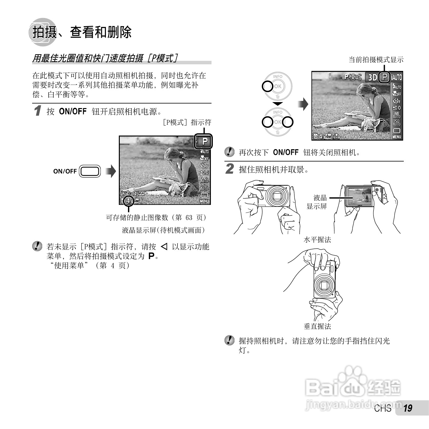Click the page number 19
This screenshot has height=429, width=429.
pos(408,408)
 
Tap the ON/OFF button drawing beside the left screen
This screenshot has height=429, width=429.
pos(90,171)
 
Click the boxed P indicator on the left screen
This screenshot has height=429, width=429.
pos(204,141)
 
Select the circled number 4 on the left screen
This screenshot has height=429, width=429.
pos(128,201)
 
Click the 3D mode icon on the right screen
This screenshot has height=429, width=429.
pos(373,77)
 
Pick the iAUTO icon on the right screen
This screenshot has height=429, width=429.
pos(397,77)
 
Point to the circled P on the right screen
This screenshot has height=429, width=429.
pos(384,77)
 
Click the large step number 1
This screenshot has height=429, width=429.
pos(38,111)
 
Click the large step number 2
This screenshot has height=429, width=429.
pos(230,169)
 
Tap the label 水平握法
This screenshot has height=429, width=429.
pos(317,240)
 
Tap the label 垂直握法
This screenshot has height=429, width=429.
pos(317,327)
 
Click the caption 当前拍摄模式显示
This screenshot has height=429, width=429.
pos(376,60)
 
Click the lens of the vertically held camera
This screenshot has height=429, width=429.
pos(324,285)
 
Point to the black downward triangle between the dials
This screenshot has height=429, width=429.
pos(278,104)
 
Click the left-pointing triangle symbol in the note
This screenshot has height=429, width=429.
pos(164,246)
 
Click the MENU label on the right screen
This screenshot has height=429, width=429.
pos(397,137)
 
